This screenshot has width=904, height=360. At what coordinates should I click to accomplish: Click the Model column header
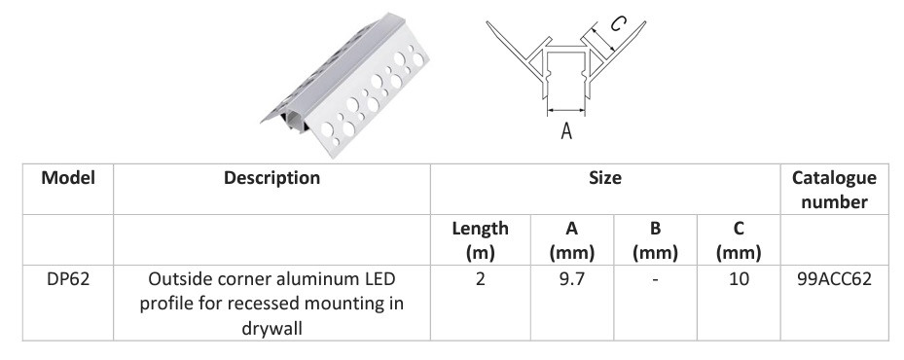68,178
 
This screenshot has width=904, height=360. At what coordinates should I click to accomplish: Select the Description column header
271,178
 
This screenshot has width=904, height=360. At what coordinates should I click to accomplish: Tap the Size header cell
605,178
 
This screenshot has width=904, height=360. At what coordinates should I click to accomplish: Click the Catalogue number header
834,190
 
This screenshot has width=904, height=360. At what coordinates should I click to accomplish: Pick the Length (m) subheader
481,240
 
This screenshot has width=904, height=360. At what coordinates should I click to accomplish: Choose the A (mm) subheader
571,240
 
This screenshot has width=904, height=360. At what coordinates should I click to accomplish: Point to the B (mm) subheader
655,240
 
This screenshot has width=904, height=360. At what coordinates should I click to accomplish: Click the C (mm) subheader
739,240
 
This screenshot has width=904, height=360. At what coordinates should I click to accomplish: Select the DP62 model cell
68,279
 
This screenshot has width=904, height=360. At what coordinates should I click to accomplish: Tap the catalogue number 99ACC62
834,279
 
